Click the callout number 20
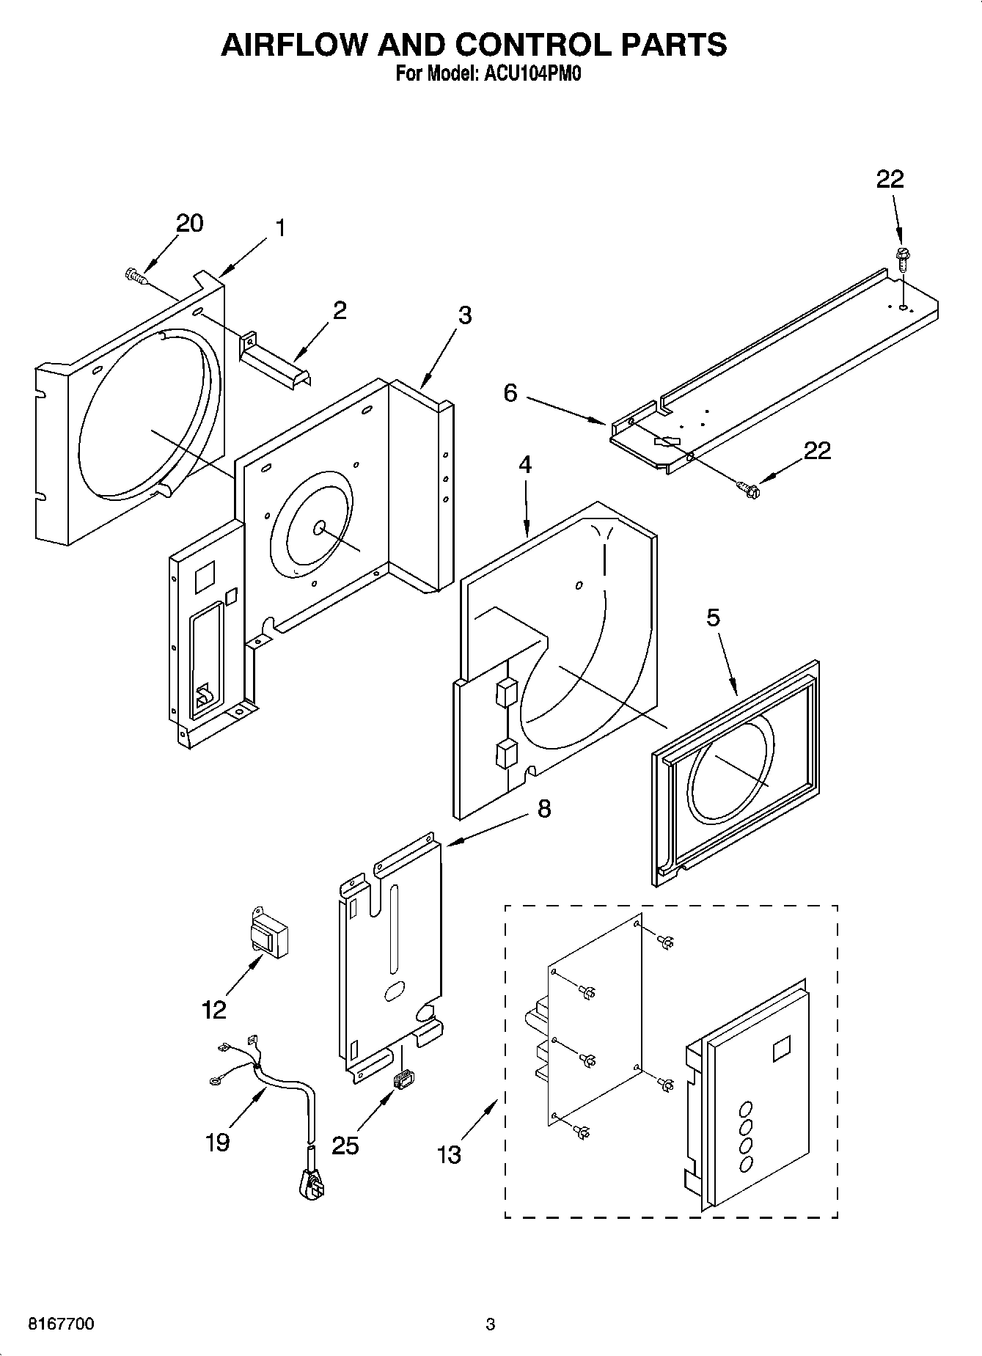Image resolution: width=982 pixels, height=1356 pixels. [x=189, y=223]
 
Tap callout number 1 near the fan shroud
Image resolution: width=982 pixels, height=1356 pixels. [x=279, y=228]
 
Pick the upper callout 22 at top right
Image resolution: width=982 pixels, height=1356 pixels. [x=890, y=179]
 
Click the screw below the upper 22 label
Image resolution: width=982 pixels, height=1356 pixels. [x=901, y=257]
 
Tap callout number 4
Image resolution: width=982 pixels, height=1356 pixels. [x=525, y=464]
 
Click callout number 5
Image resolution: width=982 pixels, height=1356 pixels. [x=713, y=617]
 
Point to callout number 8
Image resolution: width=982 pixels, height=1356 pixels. [x=543, y=808]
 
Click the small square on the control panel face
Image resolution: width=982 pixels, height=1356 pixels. [x=781, y=1048]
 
